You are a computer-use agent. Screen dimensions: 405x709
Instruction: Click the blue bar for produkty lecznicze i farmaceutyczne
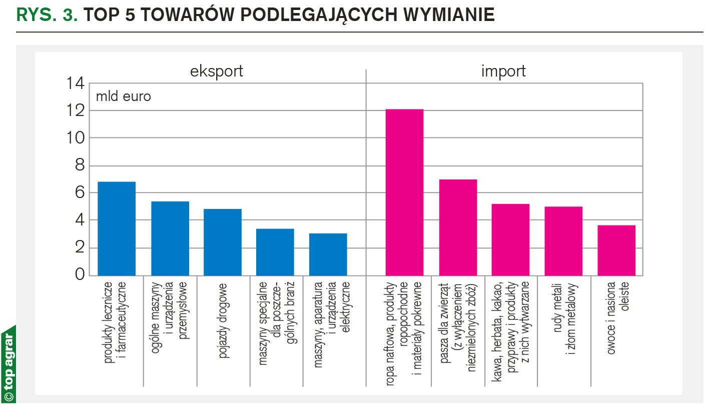[117, 228]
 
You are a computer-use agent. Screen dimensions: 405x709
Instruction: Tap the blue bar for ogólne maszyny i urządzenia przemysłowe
[170, 238]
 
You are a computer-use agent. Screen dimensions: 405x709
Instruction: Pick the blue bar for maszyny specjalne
[275, 252]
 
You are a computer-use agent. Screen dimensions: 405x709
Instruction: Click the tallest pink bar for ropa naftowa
[404, 192]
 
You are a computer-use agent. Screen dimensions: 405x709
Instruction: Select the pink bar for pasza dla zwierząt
[458, 227]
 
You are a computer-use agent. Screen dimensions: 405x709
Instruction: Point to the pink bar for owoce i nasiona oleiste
[616, 250]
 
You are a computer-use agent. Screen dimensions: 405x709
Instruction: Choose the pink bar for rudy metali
[563, 241]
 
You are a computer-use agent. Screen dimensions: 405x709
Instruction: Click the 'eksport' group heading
[217, 71]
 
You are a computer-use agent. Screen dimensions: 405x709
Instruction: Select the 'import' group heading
[503, 71]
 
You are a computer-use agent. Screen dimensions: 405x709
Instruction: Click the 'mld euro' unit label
[123, 96]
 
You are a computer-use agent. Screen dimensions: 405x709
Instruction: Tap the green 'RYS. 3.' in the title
[47, 15]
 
